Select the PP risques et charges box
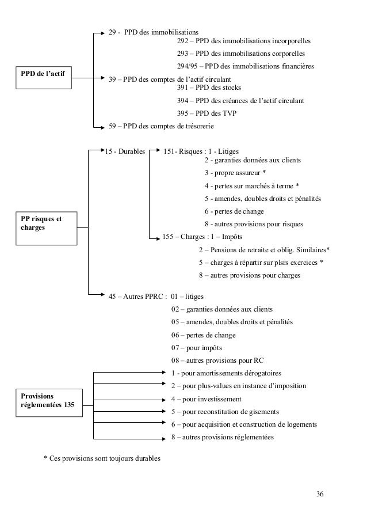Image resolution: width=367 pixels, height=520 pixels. tap(44, 223)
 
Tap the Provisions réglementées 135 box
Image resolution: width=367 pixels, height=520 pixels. tap(47, 401)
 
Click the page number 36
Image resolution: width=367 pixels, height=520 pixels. tap(320, 495)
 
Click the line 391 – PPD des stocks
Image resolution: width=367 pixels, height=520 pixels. tap(209, 88)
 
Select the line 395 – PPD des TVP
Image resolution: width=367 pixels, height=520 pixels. tap(208, 113)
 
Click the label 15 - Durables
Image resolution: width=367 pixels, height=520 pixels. tap(125, 151)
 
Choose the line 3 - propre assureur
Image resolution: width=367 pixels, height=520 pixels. tap(235, 173)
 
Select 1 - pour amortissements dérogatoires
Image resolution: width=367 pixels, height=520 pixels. tap(227, 373)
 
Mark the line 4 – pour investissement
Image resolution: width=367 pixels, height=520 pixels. tap(207, 399)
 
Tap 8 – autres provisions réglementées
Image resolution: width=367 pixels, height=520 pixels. tap(223, 437)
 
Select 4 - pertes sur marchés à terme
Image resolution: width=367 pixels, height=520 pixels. tap(251, 185)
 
